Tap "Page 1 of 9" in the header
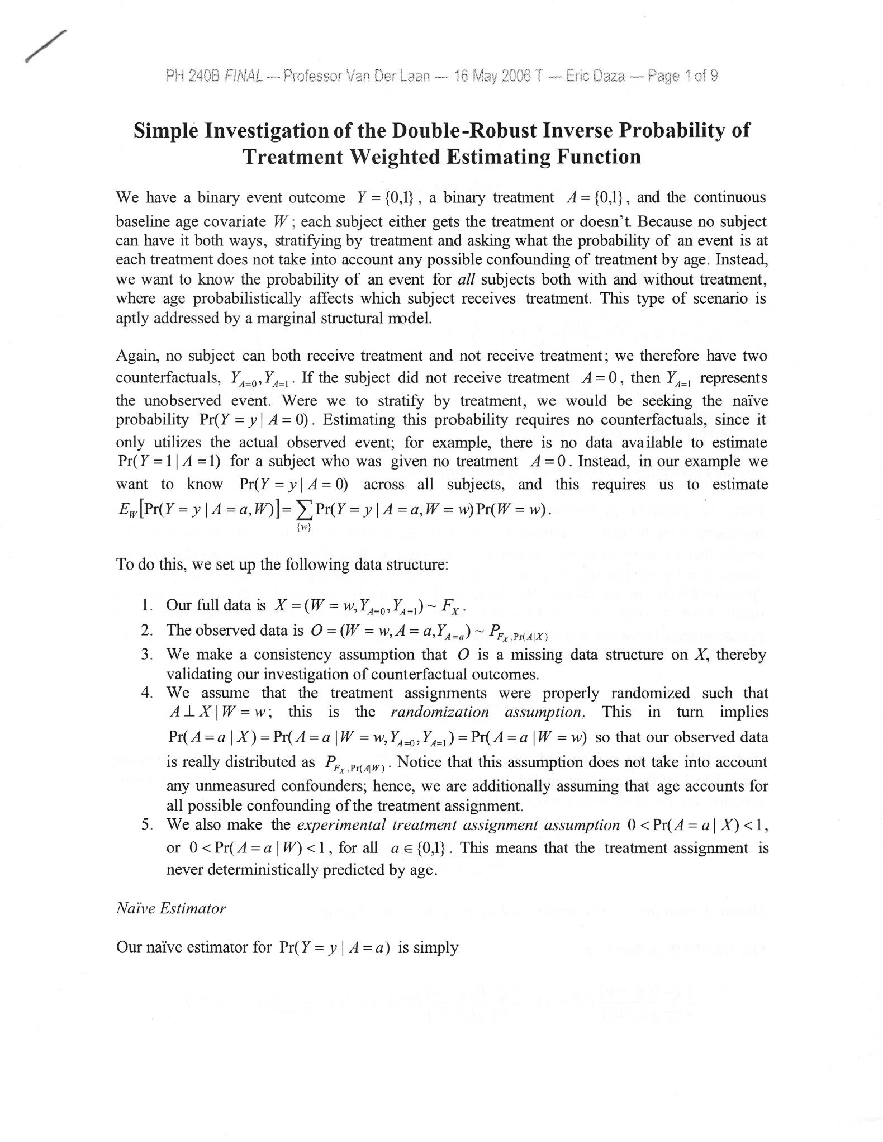coord(682,75)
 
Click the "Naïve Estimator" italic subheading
coord(170,909)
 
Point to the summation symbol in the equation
coord(305,510)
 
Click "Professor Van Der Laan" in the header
coord(357,75)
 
